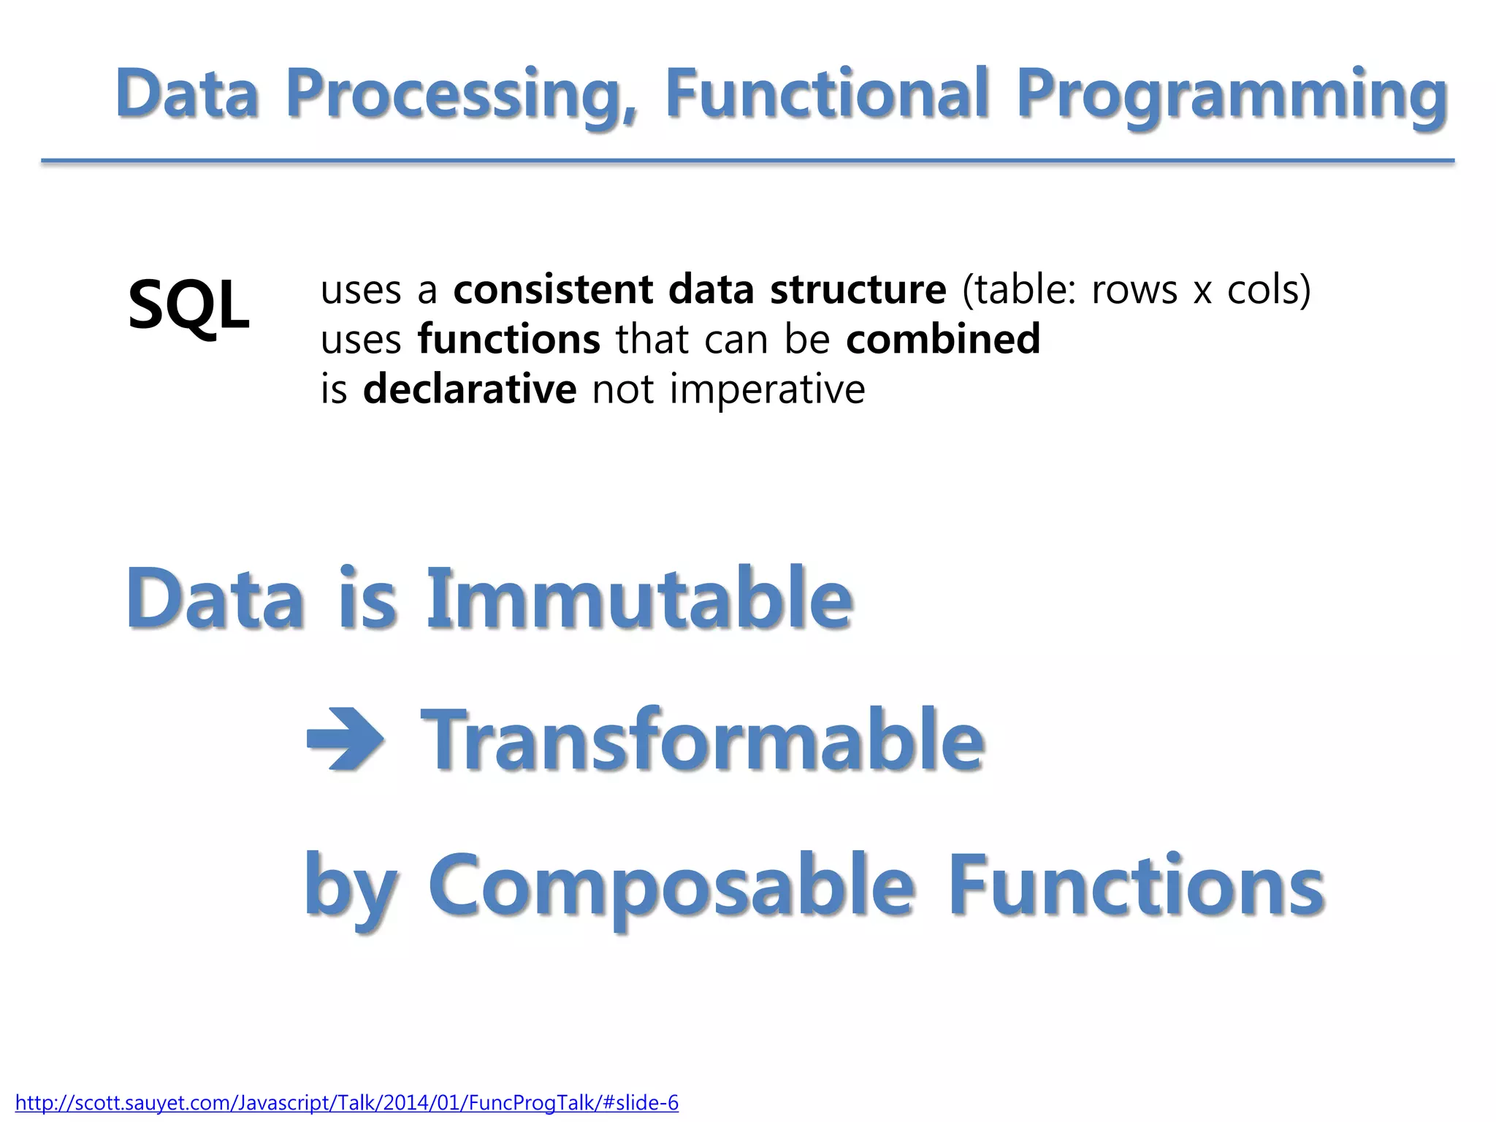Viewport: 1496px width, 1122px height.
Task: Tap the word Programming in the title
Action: pos(1232,95)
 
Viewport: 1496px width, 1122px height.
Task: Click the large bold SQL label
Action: pos(188,305)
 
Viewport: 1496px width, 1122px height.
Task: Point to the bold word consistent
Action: pos(553,289)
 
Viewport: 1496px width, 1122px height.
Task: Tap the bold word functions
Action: pos(508,340)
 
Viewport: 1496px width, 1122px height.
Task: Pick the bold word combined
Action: pos(943,340)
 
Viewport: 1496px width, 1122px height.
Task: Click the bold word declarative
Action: pos(470,389)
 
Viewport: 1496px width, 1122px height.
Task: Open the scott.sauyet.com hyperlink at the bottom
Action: pos(347,1102)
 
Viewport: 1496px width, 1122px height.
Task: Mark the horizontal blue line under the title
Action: pos(747,160)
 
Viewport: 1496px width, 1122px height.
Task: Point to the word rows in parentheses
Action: pos(1134,291)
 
